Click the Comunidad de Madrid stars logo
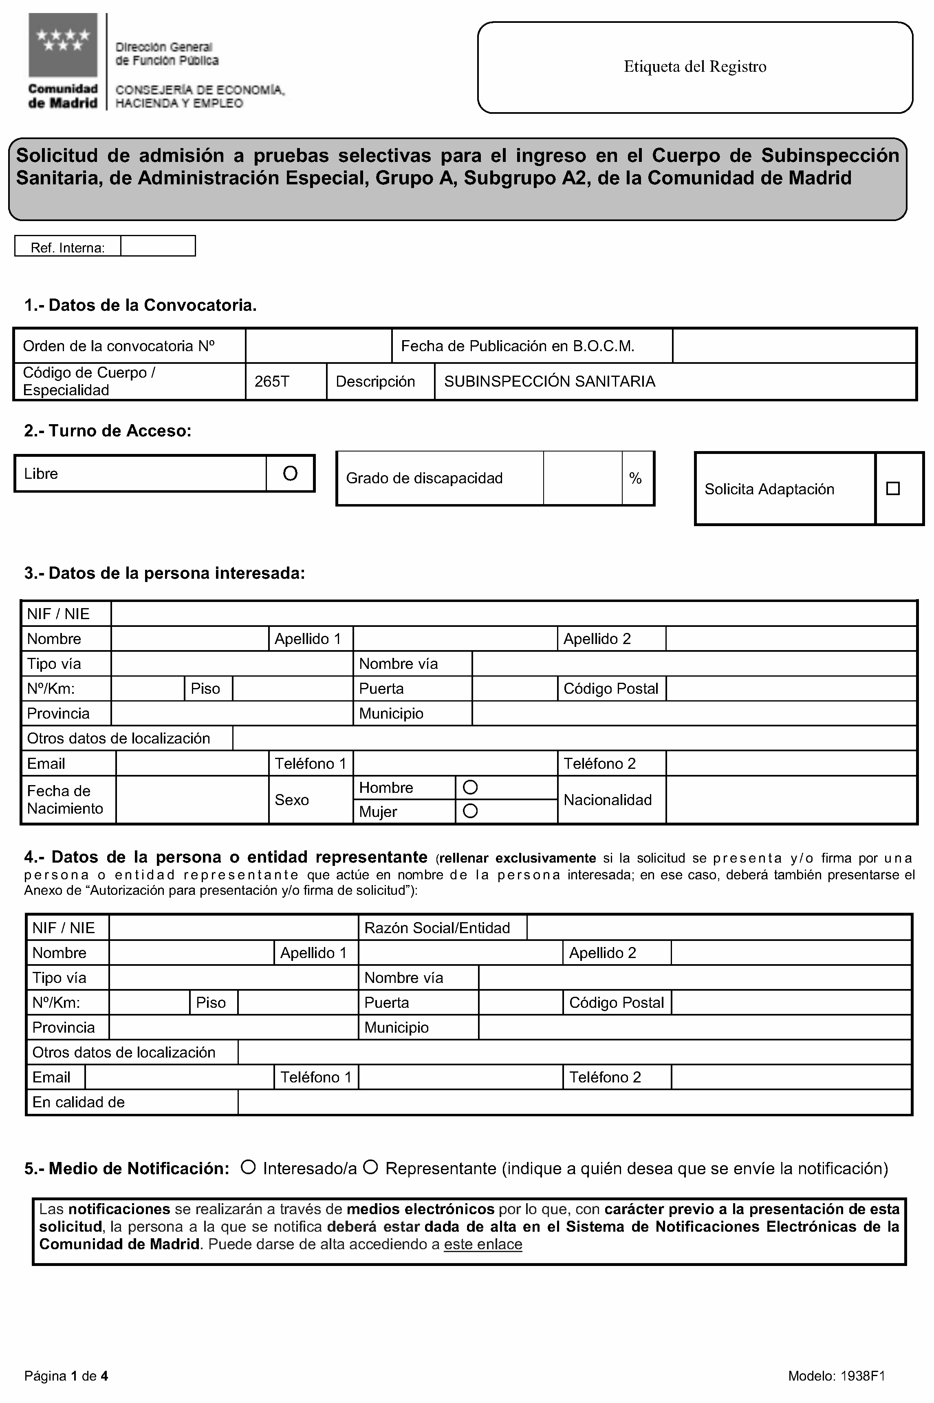tap(62, 45)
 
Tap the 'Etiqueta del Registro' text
tap(694, 67)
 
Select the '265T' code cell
tap(272, 381)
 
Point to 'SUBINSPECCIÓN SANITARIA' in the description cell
tap(549, 381)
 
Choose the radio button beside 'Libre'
tap(290, 473)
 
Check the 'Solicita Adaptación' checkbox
tap(892, 489)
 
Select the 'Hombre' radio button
tap(470, 787)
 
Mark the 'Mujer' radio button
tap(470, 811)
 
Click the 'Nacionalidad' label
tap(608, 800)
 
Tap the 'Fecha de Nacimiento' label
tap(65, 800)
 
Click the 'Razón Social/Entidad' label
tap(436, 928)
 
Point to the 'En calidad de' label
tap(78, 1102)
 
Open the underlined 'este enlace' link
tap(482, 1244)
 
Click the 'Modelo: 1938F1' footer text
tap(836, 1376)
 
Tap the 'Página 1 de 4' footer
tap(66, 1376)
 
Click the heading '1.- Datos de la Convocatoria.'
tap(140, 305)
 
